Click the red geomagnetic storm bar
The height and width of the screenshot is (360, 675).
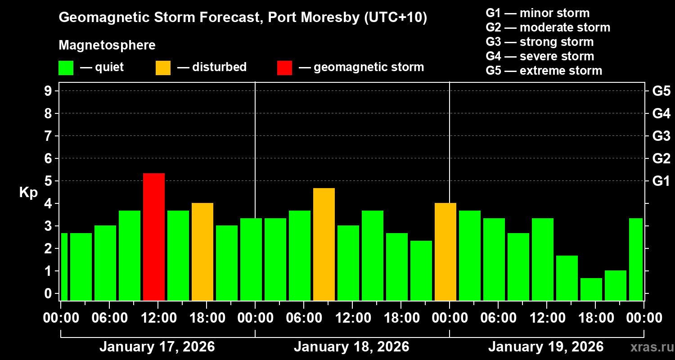tap(154, 237)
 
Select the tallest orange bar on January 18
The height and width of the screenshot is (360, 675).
tap(324, 244)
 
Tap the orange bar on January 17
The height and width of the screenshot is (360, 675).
tap(202, 252)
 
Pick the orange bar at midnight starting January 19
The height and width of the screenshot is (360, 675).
tap(445, 252)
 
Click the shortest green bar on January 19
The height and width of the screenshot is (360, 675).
tap(591, 289)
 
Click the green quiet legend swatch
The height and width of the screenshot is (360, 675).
tap(66, 67)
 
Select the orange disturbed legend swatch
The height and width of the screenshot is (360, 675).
tap(163, 67)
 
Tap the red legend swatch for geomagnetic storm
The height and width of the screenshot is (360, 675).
tap(284, 67)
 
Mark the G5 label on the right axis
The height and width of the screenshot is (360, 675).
tap(661, 91)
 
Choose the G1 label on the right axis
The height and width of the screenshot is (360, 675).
tap(661, 181)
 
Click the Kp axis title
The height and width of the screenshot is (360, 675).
tap(28, 192)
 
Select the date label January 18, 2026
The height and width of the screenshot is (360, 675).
tap(351, 347)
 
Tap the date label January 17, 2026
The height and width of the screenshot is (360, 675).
tap(157, 347)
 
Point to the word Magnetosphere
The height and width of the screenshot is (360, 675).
tap(107, 45)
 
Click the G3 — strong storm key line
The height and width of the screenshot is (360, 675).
tap(540, 42)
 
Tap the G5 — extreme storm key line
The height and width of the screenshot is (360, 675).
tap(544, 71)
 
